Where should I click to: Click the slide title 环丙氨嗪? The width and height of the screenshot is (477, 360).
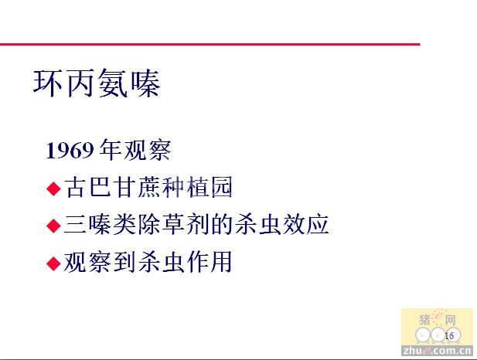[97, 83]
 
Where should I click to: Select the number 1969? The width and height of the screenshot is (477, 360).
[70, 151]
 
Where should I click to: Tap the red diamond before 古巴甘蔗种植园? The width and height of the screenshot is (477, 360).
[54, 188]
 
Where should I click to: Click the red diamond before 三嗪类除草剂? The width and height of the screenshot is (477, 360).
[54, 226]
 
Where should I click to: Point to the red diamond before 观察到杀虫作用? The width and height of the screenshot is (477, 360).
[54, 263]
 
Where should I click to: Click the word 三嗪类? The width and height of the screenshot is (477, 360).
[100, 224]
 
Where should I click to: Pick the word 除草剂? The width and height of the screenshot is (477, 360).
[173, 224]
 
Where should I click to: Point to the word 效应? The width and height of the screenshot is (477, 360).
[306, 224]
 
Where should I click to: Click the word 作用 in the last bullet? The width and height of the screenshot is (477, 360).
[210, 261]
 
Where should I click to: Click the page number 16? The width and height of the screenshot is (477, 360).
[449, 336]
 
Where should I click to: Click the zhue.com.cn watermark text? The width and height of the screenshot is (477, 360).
[437, 351]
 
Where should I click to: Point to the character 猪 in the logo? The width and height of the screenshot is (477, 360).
[425, 319]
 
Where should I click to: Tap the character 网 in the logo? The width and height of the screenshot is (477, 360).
[451, 320]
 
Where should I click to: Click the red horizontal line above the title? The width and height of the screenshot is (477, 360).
[210, 44]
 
